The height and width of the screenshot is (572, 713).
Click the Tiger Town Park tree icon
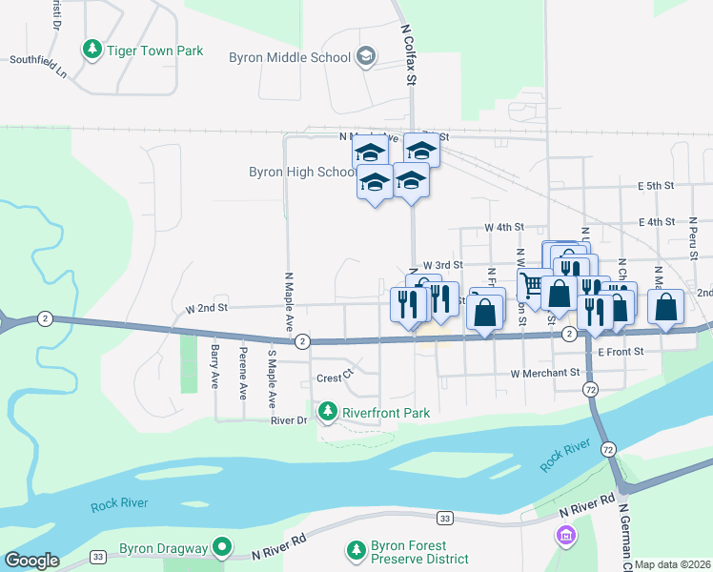(92, 48)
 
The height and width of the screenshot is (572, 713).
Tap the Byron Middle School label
(290, 58)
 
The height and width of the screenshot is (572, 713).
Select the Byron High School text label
(301, 173)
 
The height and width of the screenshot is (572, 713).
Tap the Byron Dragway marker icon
(223, 547)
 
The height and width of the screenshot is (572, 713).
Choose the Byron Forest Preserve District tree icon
(356, 550)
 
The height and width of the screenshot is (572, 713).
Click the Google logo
(31, 560)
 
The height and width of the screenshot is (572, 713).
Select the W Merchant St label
(545, 373)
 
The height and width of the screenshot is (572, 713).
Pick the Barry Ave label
(215, 366)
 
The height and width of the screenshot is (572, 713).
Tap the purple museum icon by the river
(568, 536)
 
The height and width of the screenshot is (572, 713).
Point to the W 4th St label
(504, 228)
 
